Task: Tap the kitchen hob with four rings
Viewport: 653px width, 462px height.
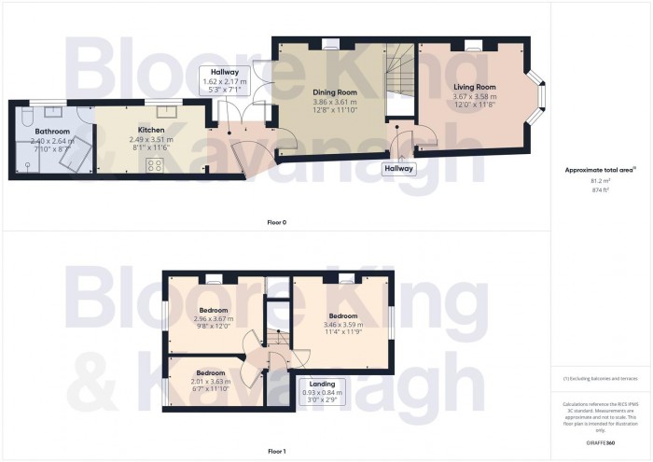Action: pyautogui.click(x=156, y=165)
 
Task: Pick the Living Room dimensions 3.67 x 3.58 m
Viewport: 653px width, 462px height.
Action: pyautogui.click(x=475, y=98)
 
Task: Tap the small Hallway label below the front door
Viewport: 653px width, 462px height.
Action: pyautogui.click(x=401, y=169)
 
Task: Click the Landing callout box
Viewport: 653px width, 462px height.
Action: pyautogui.click(x=321, y=387)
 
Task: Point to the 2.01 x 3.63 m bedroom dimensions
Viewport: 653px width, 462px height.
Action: pyautogui.click(x=209, y=381)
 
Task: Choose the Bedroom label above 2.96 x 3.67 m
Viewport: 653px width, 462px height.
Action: pyautogui.click(x=215, y=310)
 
